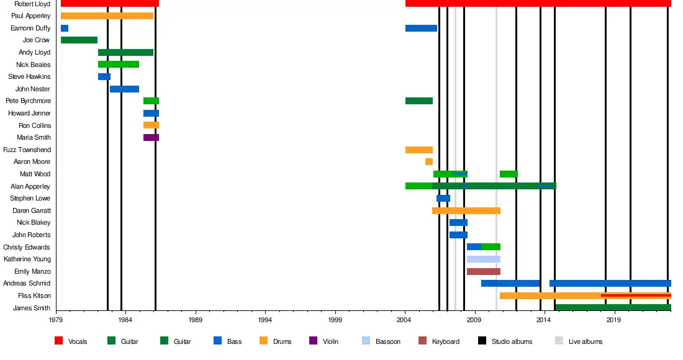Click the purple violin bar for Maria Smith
click(x=151, y=138)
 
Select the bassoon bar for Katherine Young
click(x=483, y=259)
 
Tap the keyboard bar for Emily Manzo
click(x=483, y=272)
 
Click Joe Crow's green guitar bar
click(x=79, y=40)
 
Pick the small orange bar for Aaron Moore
click(x=429, y=162)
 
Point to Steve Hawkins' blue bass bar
click(x=104, y=77)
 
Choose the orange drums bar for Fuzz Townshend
click(x=419, y=150)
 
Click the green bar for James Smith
click(x=613, y=308)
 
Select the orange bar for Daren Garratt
click(x=466, y=211)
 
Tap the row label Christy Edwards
click(x=27, y=247)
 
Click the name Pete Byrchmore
click(x=28, y=101)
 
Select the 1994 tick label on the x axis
click(x=266, y=320)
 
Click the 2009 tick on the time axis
click(x=475, y=320)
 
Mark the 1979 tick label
click(x=56, y=320)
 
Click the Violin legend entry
click(x=330, y=341)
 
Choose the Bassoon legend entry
click(x=387, y=341)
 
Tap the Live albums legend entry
click(x=585, y=341)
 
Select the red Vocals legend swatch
click(x=59, y=341)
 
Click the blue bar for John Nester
click(x=124, y=89)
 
